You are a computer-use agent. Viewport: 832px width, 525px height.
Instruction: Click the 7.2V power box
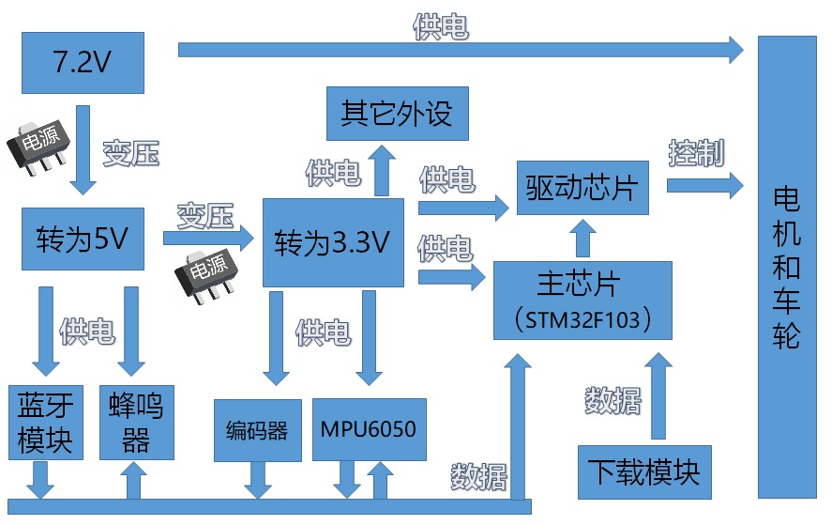tap(83, 63)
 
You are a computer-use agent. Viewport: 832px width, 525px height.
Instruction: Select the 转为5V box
tap(83, 239)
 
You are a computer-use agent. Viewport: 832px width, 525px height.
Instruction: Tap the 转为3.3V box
tap(333, 242)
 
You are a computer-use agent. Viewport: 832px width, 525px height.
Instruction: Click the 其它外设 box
tap(397, 114)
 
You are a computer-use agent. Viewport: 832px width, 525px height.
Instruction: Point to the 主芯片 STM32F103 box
tap(582, 300)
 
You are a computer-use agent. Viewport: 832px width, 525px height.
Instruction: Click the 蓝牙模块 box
tap(45, 422)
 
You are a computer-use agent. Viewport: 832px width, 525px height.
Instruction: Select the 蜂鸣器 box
tap(137, 422)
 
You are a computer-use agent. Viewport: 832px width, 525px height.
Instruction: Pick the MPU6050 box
tap(368, 429)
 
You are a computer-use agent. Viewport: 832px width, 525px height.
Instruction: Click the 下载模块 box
tap(643, 471)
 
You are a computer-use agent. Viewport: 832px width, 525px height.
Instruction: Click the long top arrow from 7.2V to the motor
tap(460, 48)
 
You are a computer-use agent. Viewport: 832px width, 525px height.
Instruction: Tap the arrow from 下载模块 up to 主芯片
tap(658, 394)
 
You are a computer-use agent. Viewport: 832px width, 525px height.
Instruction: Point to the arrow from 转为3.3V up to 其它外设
tap(382, 170)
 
